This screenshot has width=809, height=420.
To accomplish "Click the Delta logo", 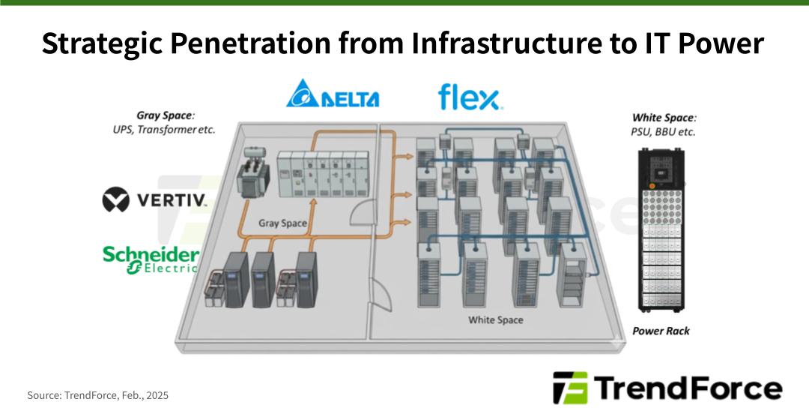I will (x=332, y=94).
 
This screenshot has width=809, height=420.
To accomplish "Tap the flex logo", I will (x=470, y=97).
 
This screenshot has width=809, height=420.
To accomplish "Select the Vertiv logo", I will (x=154, y=200).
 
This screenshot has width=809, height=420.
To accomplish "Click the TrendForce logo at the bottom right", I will (x=667, y=388).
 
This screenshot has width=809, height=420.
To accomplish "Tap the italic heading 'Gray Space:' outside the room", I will (x=165, y=115).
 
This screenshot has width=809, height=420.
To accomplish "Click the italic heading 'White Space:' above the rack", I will (x=664, y=118).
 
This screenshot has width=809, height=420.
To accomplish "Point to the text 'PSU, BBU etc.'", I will (x=663, y=132).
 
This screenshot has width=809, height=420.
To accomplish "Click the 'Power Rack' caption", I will (x=661, y=331).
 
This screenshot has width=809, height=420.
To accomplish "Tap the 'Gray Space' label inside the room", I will (x=282, y=223).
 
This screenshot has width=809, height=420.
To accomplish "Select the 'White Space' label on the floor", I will (x=495, y=320).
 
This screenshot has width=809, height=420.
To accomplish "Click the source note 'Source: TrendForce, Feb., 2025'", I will (x=97, y=395).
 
